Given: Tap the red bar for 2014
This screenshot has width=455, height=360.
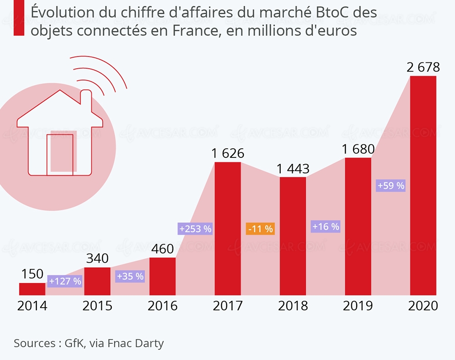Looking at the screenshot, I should coord(32,289).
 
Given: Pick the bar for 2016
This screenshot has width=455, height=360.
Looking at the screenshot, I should coord(162,276).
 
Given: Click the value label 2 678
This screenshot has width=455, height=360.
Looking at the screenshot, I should coord(423,68).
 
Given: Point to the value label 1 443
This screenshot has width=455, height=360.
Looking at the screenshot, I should coord(293,169).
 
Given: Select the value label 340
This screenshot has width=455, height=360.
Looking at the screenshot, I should coord(97,259).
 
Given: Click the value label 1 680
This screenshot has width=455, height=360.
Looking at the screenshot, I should coord(358,149).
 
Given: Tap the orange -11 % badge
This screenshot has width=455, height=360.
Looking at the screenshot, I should coord(260,229).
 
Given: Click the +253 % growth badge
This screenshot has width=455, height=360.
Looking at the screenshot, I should coord(195,229).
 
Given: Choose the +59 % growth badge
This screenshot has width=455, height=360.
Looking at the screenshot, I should coord(391,186).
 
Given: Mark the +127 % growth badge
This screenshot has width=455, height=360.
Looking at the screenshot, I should coord(65,281).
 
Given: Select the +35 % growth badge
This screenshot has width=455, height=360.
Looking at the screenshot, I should coord(130,276).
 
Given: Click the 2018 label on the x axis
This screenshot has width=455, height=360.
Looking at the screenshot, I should coord(293,306).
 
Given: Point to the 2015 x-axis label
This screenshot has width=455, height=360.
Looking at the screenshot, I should coord(97,306).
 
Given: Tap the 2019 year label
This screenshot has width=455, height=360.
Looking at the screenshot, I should coord(358,306).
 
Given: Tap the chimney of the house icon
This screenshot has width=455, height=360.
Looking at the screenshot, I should coord(86,101).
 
